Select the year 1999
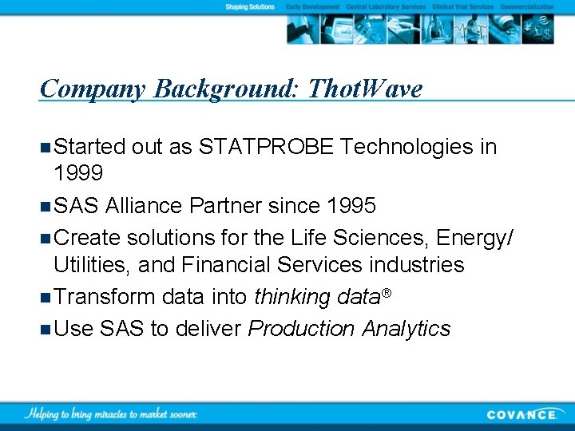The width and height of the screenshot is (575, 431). tap(78, 173)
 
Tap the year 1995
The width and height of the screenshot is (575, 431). tap(351, 206)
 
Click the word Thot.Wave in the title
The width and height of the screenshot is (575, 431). tap(365, 89)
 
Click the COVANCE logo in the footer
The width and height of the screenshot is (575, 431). tap(522, 413)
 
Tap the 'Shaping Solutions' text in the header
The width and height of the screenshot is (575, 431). tap(249, 6)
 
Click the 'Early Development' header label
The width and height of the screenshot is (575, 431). tap(313, 6)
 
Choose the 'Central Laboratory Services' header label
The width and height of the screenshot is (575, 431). tap(386, 6)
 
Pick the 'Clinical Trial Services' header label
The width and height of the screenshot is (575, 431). tap(463, 6)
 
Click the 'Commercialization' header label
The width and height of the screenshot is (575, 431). tap(526, 6)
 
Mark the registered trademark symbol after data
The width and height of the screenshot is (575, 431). tap(386, 293)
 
